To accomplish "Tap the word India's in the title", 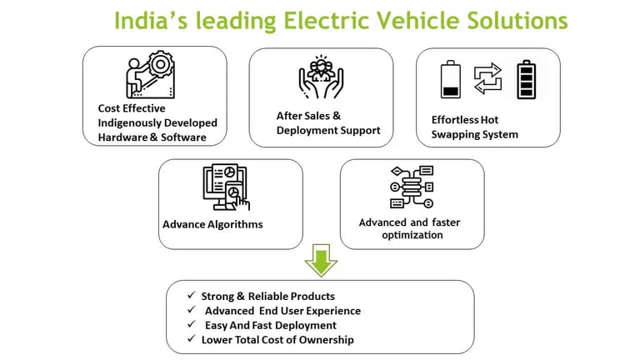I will click(x=147, y=20).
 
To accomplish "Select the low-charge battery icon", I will click(x=450, y=79).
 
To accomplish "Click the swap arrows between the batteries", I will click(x=487, y=78).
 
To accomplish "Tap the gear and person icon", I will click(x=150, y=74).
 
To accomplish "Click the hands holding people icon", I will click(x=321, y=77).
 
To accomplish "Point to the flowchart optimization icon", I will click(x=412, y=187).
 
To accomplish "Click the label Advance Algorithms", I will click(x=212, y=224).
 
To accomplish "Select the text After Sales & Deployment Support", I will click(x=328, y=123).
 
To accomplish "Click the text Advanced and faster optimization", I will click(x=409, y=228).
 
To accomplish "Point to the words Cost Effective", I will click(x=132, y=108).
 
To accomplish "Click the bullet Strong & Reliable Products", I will click(x=267, y=296).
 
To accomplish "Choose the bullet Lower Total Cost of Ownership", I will click(x=277, y=339).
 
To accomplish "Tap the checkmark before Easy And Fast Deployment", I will click(x=193, y=325).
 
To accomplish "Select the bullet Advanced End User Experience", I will click(x=282, y=311).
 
